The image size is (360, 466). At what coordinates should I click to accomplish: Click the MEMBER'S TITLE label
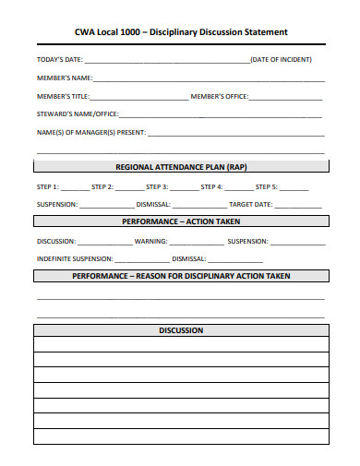pyautogui.click(x=63, y=96)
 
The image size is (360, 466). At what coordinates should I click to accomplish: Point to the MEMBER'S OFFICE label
pyautogui.click(x=220, y=96)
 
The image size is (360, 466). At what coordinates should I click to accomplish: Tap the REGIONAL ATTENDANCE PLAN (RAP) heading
pyautogui.click(x=181, y=167)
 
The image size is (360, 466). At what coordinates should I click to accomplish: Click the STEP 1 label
pyautogui.click(x=48, y=186)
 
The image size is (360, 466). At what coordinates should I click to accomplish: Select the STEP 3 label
pyautogui.click(x=157, y=186)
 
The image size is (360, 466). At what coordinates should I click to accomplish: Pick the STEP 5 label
pyautogui.click(x=267, y=186)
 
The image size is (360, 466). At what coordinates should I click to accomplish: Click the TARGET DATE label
pyautogui.click(x=251, y=204)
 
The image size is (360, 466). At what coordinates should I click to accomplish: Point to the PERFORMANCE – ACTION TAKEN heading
pyautogui.click(x=181, y=221)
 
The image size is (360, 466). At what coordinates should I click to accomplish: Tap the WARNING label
pyautogui.click(x=151, y=241)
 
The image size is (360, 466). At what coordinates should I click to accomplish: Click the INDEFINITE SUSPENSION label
pyautogui.click(x=75, y=258)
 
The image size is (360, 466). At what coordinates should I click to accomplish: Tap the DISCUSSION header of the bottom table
pyautogui.click(x=181, y=330)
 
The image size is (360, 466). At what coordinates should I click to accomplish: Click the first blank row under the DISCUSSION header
pyautogui.click(x=181, y=344)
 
